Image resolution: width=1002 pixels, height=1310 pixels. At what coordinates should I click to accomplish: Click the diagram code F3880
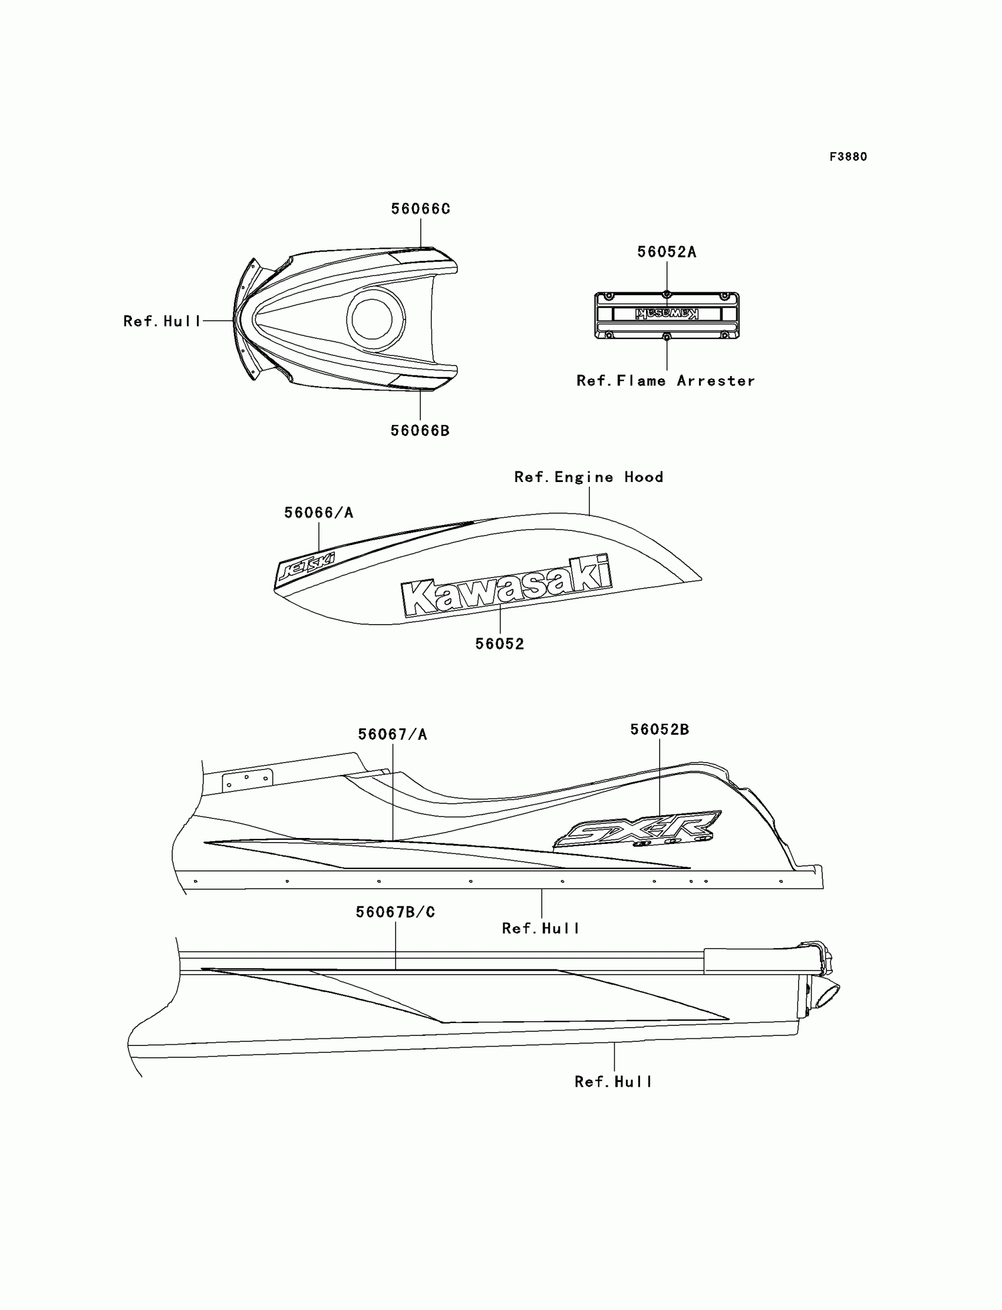click(x=848, y=157)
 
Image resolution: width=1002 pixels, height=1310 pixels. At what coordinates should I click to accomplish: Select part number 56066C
click(x=420, y=209)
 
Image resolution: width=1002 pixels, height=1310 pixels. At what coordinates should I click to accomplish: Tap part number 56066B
click(x=420, y=431)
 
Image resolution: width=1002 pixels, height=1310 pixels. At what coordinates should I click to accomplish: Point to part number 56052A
click(x=666, y=252)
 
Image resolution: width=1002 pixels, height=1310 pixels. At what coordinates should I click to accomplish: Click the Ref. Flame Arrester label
click(x=665, y=381)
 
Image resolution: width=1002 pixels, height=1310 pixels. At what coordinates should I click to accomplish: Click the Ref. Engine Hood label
click(x=589, y=477)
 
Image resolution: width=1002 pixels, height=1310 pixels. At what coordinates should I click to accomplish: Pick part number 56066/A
click(x=318, y=513)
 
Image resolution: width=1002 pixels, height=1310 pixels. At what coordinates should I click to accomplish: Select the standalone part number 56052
click(x=500, y=644)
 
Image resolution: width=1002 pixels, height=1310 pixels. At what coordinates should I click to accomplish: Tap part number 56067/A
click(x=393, y=735)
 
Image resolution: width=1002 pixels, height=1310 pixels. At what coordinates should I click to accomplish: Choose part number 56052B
click(x=660, y=730)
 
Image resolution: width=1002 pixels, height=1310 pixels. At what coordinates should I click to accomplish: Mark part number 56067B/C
click(x=395, y=912)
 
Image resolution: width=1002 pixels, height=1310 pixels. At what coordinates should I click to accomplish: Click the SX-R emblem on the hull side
click(x=638, y=829)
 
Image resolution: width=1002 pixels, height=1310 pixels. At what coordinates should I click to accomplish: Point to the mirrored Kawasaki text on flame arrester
click(x=666, y=314)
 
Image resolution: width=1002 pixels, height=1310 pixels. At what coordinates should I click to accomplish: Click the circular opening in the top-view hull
click(x=372, y=319)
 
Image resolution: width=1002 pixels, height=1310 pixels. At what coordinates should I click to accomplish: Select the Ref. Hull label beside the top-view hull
click(x=161, y=321)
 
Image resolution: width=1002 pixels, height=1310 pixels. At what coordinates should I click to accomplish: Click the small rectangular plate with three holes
click(x=247, y=780)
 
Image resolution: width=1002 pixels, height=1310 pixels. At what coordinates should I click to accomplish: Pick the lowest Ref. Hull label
click(x=613, y=1081)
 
